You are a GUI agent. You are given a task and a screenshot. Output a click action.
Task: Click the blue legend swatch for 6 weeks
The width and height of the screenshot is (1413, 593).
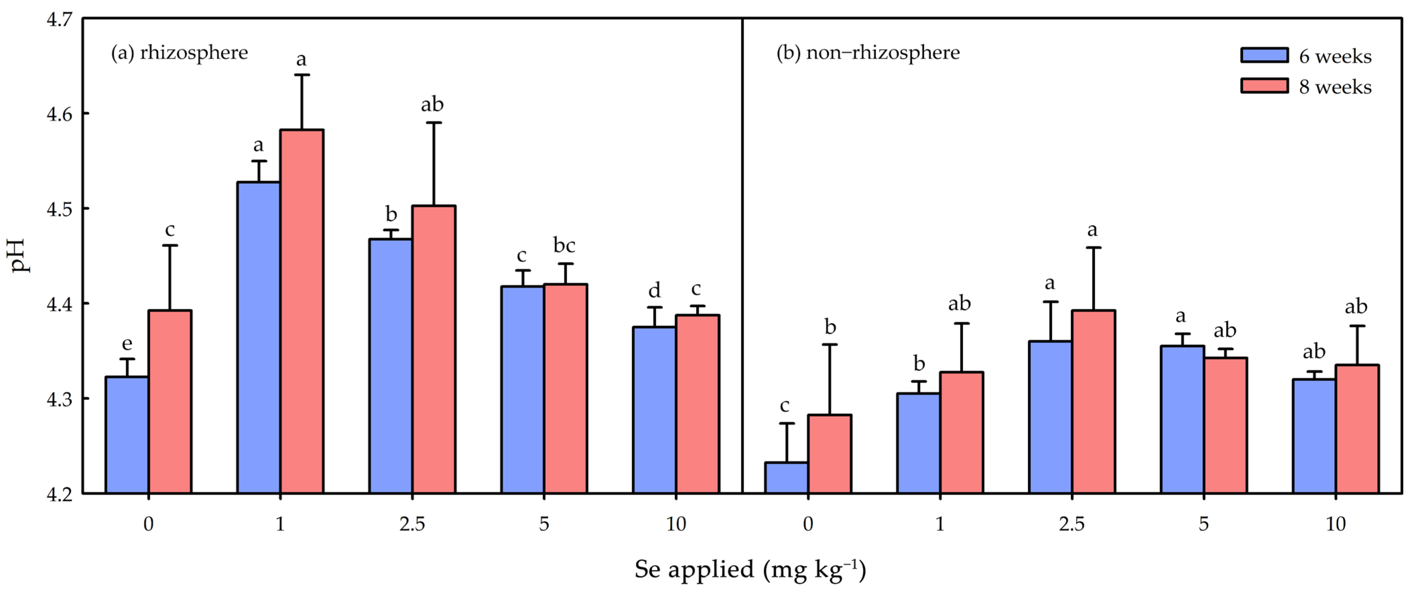coord(1264,55)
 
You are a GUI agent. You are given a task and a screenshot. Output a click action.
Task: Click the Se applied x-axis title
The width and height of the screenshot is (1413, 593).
coord(750,570)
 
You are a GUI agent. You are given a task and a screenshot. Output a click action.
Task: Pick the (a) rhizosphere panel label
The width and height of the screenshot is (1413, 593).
coord(179,53)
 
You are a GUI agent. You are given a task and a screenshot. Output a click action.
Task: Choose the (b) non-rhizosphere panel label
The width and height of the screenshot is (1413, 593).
coord(868,53)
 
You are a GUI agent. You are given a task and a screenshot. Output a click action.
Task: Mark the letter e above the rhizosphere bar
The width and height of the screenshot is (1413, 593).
coord(127,344)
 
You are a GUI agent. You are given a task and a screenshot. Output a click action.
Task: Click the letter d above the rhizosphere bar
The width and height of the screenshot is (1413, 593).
coord(655,290)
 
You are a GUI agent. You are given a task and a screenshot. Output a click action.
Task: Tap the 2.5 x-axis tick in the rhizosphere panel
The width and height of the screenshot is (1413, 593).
coord(412,524)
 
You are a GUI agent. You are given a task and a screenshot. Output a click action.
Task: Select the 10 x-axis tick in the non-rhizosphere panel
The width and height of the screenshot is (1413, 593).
coord(1336,524)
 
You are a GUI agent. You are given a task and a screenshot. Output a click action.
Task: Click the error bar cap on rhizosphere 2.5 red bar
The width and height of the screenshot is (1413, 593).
coord(434,122)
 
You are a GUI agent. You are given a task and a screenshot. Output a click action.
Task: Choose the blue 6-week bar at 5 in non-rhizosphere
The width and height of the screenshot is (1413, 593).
coord(1182,420)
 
